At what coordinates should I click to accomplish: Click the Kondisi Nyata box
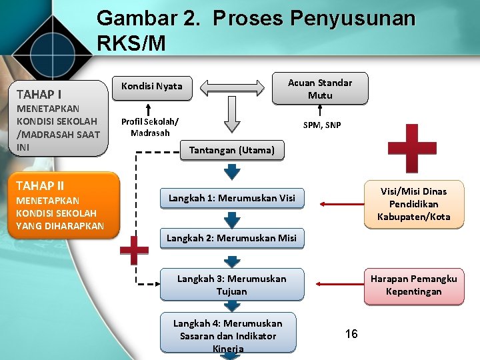(x=151, y=85)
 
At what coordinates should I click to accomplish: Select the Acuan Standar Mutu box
(x=319, y=89)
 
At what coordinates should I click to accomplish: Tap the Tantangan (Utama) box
(x=231, y=150)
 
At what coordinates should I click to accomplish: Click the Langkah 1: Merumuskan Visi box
(x=231, y=197)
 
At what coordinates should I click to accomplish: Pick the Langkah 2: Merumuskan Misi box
(x=231, y=238)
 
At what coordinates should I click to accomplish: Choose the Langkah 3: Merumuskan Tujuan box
(x=231, y=285)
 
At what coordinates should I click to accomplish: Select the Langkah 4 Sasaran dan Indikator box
(x=227, y=335)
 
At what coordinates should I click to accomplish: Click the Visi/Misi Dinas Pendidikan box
(x=413, y=204)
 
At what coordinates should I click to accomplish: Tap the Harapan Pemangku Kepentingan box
(x=413, y=285)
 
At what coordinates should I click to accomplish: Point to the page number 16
(x=351, y=334)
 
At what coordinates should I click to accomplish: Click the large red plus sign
(x=412, y=147)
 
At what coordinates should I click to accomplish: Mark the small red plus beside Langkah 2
(x=134, y=251)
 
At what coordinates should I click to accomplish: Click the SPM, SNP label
(x=321, y=125)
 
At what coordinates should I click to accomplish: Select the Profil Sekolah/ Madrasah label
(x=149, y=127)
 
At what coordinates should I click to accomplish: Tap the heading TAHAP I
(x=39, y=94)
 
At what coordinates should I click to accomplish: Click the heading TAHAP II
(x=40, y=185)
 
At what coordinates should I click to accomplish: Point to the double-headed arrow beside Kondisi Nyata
(x=232, y=87)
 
